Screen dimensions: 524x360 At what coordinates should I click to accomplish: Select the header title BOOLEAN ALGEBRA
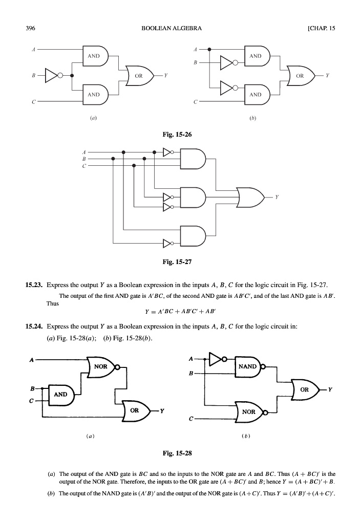coord(171,28)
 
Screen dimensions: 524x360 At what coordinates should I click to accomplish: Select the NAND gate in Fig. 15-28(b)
coord(248,366)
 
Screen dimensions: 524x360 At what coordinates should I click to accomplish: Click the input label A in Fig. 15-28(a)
coord(31,360)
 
